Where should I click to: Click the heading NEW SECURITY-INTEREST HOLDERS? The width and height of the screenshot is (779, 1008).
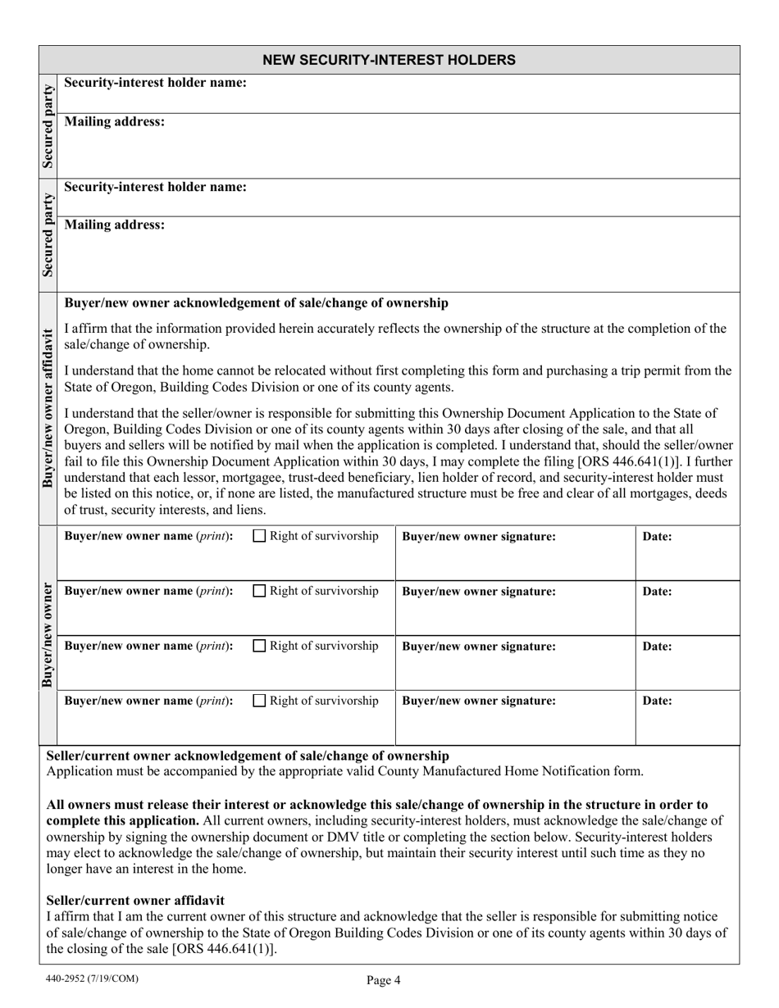pyautogui.click(x=389, y=60)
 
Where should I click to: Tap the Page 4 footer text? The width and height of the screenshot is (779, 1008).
pyautogui.click(x=383, y=979)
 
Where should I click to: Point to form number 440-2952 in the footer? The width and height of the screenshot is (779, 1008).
pyautogui.click(x=89, y=978)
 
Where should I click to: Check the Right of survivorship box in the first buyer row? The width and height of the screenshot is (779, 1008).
pyautogui.click(x=259, y=537)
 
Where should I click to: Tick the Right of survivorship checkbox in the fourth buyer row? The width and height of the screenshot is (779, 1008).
pyautogui.click(x=259, y=701)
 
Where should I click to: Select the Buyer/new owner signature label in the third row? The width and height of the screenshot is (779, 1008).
pyautogui.click(x=479, y=647)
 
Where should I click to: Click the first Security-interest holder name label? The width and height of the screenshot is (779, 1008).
pyautogui.click(x=155, y=83)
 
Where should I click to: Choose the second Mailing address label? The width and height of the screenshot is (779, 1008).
pyautogui.click(x=114, y=225)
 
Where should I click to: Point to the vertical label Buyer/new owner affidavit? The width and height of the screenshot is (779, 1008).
pyautogui.click(x=48, y=407)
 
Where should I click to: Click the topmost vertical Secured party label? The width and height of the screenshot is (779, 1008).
pyautogui.click(x=48, y=125)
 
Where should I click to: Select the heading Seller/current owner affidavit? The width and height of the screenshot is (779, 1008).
pyautogui.click(x=135, y=900)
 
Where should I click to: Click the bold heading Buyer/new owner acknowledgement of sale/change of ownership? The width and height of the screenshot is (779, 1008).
pyautogui.click(x=256, y=303)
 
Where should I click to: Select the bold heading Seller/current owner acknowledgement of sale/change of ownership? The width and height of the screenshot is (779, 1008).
pyautogui.click(x=248, y=756)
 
